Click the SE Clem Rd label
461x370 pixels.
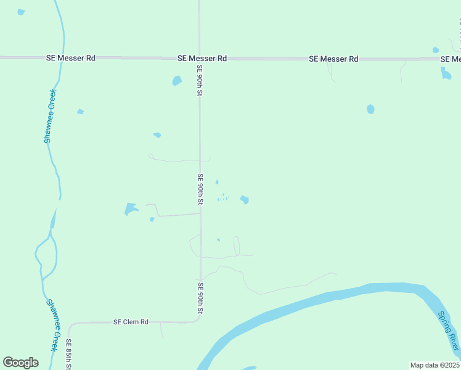[x=131, y=322]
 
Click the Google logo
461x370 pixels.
[x=20, y=363]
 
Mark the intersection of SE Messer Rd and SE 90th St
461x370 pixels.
[x=199, y=59]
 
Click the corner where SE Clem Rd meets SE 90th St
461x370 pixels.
[x=198, y=321]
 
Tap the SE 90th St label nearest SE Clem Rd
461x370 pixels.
[x=200, y=298]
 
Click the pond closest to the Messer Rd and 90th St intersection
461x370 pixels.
[x=177, y=81]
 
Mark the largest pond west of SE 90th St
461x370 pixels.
[x=131, y=208]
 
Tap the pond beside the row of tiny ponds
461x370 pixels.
[x=245, y=199]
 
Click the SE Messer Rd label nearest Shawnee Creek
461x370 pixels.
[x=71, y=58]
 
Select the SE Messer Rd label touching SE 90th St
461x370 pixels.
[x=202, y=58]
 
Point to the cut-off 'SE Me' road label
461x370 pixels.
[x=451, y=59]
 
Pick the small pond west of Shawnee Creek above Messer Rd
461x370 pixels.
[x=22, y=12]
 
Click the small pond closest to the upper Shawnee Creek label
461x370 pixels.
[x=80, y=112]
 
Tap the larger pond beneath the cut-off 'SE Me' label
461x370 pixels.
[x=446, y=74]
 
